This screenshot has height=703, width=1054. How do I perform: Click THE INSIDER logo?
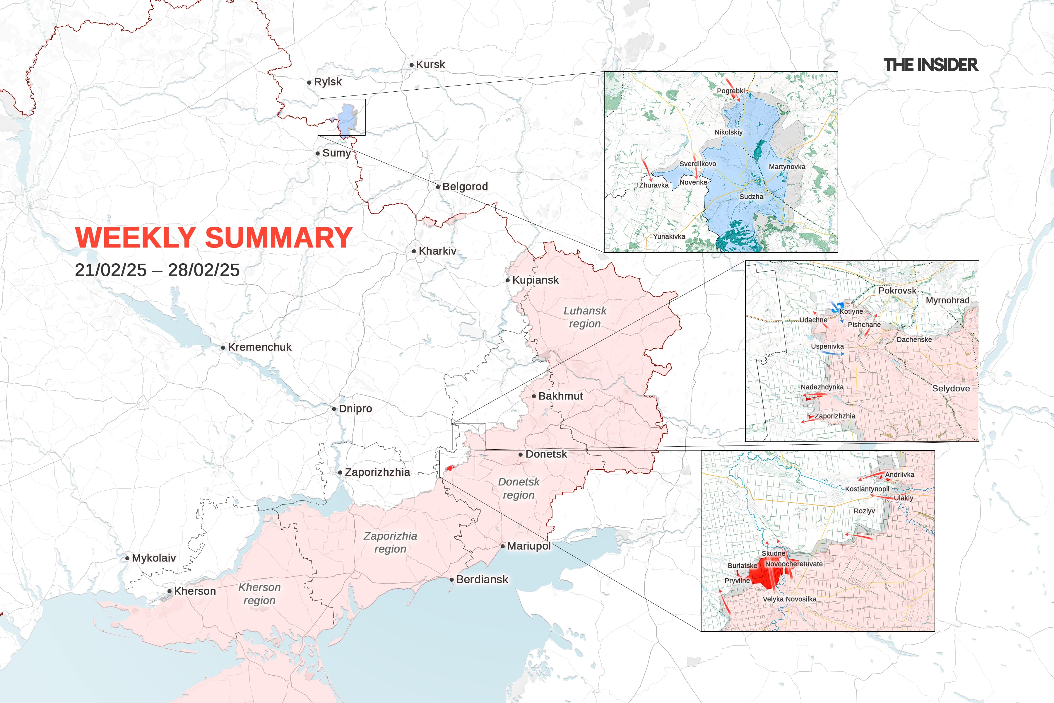click(x=930, y=65)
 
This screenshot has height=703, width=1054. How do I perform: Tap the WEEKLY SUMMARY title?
click(x=213, y=237)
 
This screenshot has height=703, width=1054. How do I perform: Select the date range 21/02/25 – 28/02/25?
click(x=157, y=270)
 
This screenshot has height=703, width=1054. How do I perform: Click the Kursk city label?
click(x=430, y=64)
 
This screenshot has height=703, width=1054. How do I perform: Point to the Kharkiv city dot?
click(x=414, y=252)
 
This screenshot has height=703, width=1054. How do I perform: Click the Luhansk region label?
click(x=584, y=317)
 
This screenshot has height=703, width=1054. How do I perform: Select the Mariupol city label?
click(x=529, y=546)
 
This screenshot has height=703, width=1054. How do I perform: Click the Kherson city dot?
click(x=170, y=591)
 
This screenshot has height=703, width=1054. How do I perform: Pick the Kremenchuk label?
click(x=259, y=347)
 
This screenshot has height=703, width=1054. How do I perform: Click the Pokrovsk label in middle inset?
click(x=897, y=291)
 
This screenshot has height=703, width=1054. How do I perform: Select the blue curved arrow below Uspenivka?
click(x=832, y=353)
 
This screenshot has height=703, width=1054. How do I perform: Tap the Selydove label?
click(x=950, y=388)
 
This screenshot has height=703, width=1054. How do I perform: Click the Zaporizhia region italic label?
click(x=390, y=542)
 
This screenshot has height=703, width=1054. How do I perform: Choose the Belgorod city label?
click(x=465, y=187)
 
